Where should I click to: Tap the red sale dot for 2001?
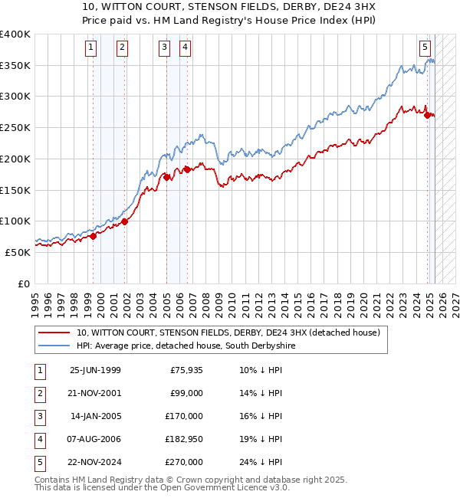(125, 222)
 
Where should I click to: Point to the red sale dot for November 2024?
(428, 115)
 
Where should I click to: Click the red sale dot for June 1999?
(94, 236)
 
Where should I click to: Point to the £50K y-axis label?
(18, 251)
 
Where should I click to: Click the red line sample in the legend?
(56, 333)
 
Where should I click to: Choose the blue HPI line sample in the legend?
(56, 346)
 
